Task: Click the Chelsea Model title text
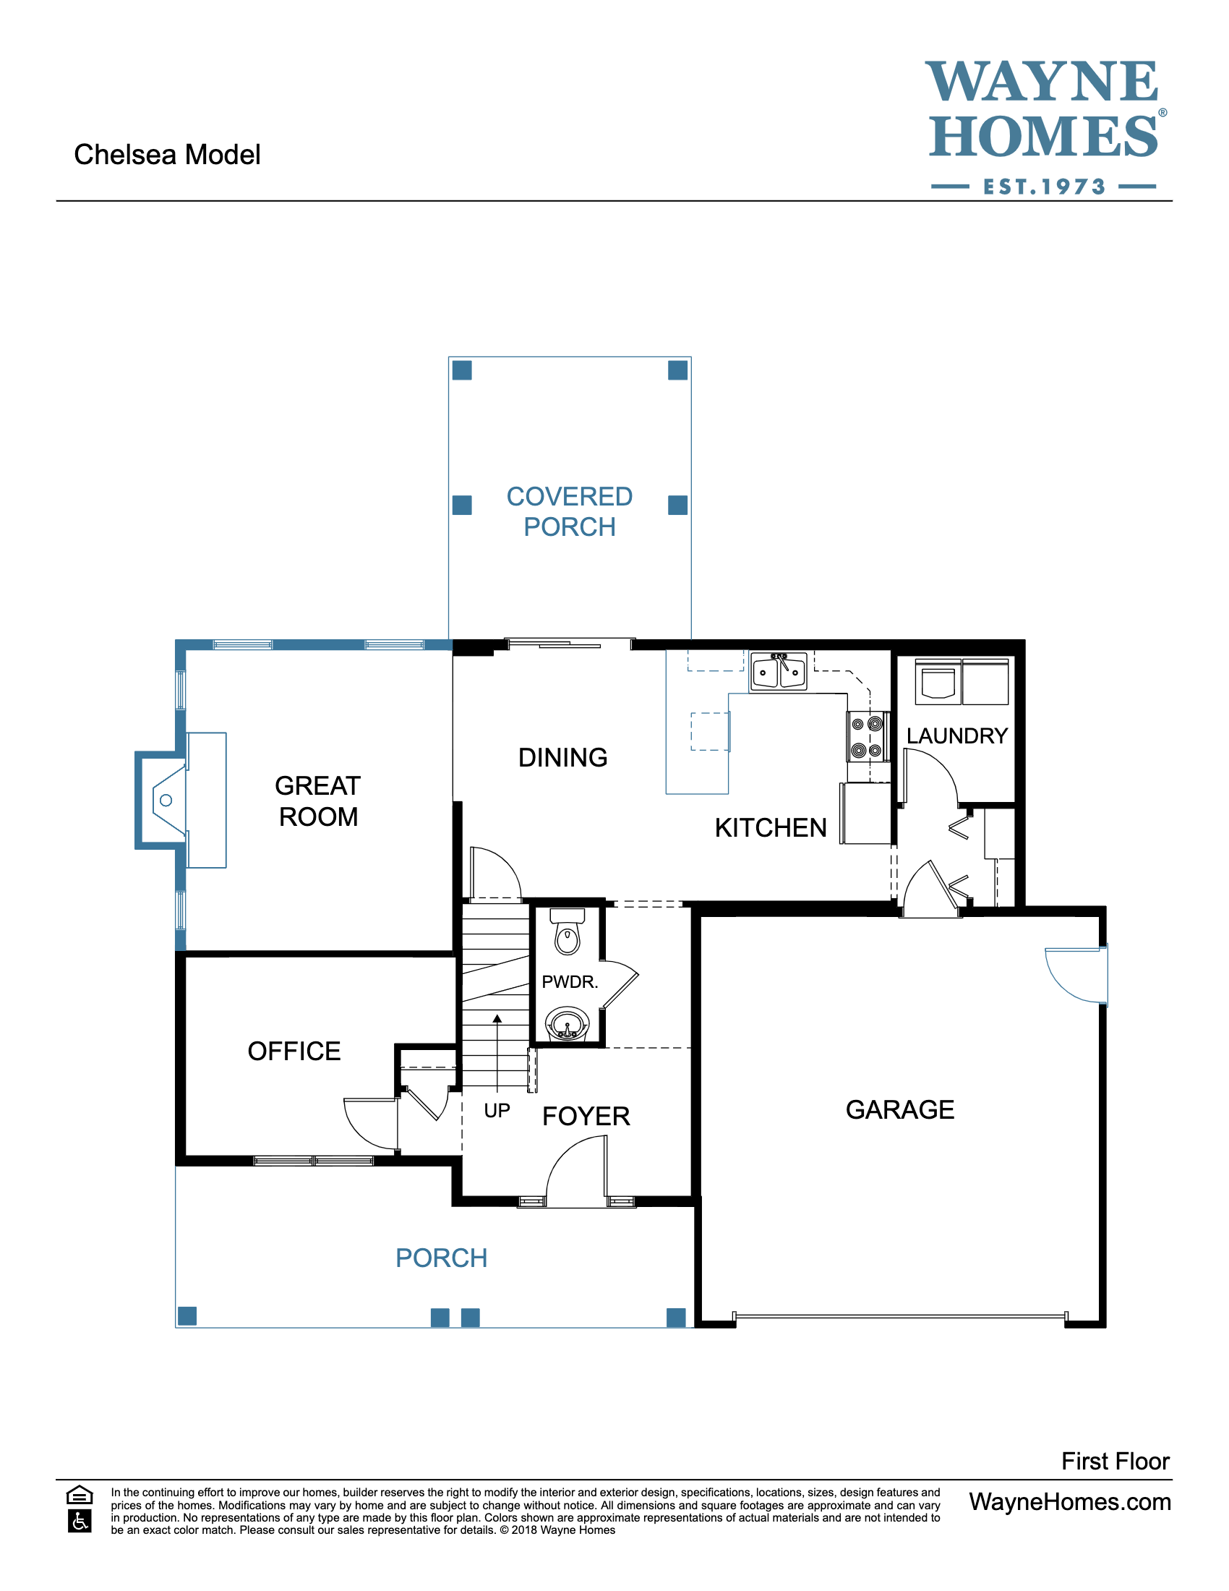pyautogui.click(x=167, y=155)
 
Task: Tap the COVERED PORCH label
pyautogui.click(x=570, y=511)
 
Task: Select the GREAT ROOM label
pyautogui.click(x=317, y=801)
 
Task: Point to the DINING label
pyautogui.click(x=562, y=758)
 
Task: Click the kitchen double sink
pyautogui.click(x=779, y=671)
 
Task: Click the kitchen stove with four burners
pyautogui.click(x=866, y=736)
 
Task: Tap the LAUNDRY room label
pyautogui.click(x=956, y=735)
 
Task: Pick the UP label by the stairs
pyautogui.click(x=497, y=1110)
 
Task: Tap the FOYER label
pyautogui.click(x=586, y=1116)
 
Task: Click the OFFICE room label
pyautogui.click(x=294, y=1052)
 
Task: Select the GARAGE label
pyautogui.click(x=900, y=1109)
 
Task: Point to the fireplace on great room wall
pyautogui.click(x=165, y=800)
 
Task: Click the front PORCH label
pyautogui.click(x=441, y=1258)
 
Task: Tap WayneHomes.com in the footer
pyautogui.click(x=1069, y=1502)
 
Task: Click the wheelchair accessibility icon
pyautogui.click(x=80, y=1522)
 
